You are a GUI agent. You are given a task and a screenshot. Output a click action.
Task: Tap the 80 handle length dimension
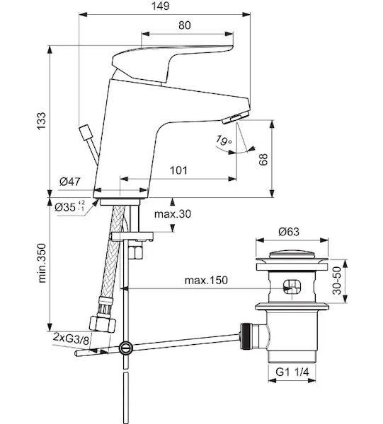coord(185,25)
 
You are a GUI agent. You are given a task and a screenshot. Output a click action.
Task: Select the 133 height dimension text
coord(42,121)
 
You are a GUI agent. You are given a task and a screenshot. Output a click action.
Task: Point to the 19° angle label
coord(224,140)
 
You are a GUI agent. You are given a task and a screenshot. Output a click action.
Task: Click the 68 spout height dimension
coord(263,159)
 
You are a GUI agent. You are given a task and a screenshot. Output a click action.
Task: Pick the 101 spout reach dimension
coord(178,170)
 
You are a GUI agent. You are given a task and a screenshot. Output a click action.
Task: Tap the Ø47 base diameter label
coord(70,182)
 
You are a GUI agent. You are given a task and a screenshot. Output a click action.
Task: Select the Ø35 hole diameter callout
coord(69,207)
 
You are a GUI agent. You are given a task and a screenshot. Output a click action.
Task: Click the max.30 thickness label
coord(173,214)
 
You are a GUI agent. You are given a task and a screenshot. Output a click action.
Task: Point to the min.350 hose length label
coord(42,263)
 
